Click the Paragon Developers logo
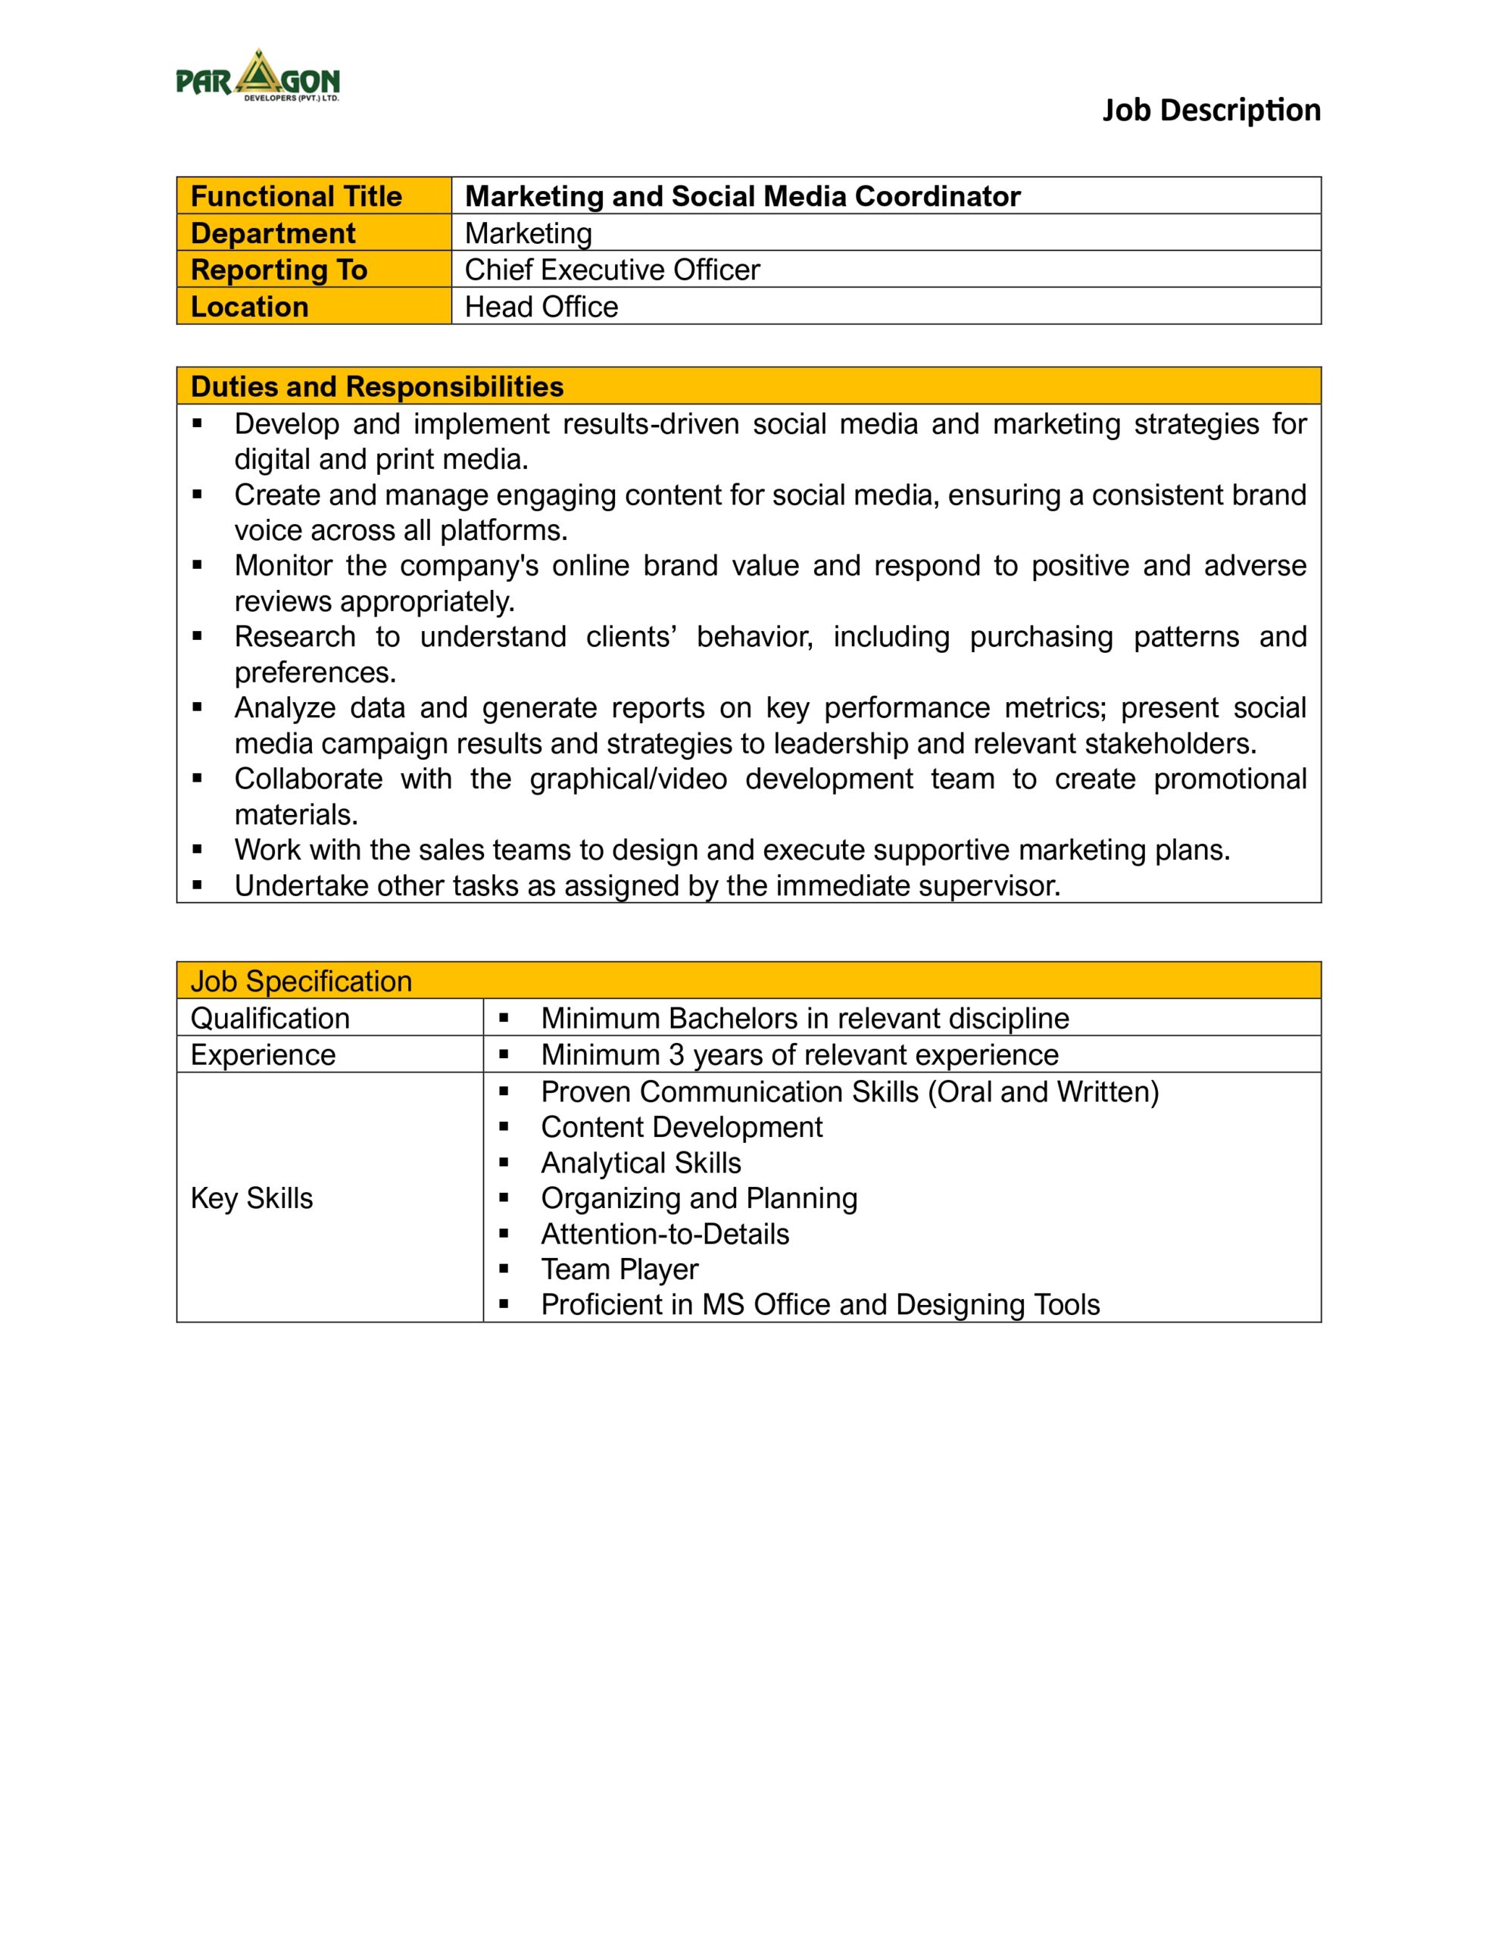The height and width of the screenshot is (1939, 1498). click(257, 76)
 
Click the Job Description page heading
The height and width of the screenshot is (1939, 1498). click(1211, 110)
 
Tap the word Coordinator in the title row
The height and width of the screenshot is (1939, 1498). click(937, 196)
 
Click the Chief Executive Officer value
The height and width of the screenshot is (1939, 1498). click(612, 270)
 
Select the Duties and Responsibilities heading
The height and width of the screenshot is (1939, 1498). click(376, 387)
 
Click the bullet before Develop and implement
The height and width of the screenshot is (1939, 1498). click(197, 423)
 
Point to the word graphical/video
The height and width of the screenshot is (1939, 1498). click(628, 779)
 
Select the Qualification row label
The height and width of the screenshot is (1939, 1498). click(270, 1018)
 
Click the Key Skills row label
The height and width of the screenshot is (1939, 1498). click(251, 1198)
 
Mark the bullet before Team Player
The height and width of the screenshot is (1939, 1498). click(504, 1269)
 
